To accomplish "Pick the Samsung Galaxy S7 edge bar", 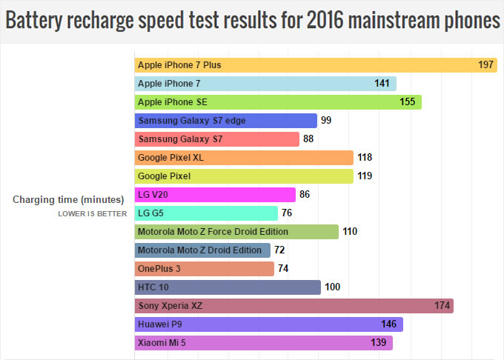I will tap(225, 121).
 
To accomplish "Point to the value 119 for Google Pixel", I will tap(365, 176).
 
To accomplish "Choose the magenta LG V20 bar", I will tap(215, 195).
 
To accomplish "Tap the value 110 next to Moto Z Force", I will tap(350, 232).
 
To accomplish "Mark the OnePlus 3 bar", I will tap(204, 269).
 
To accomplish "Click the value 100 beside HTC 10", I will tap(332, 287).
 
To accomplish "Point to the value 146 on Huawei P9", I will tap(389, 324).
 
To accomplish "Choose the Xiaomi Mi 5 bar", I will tap(263, 343).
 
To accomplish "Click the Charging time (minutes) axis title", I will tap(67, 199).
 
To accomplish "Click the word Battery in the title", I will tap(37, 21).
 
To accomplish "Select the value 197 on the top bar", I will tap(486, 65).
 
